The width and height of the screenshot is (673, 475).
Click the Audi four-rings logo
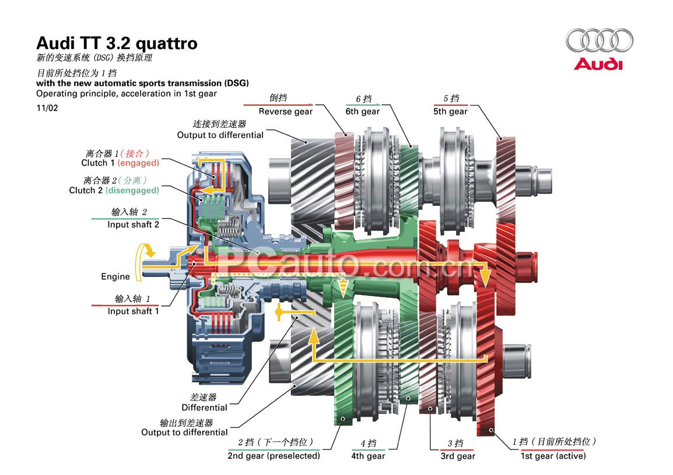(x=599, y=40)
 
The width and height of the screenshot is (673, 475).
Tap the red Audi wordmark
(x=598, y=64)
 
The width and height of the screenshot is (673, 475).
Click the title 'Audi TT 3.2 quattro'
(x=117, y=44)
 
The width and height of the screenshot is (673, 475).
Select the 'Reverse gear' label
(x=285, y=111)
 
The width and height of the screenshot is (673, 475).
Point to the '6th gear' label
(x=362, y=111)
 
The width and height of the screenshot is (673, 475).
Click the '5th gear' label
(x=450, y=111)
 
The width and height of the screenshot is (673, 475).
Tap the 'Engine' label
(x=115, y=276)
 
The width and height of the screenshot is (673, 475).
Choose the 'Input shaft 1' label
(x=133, y=311)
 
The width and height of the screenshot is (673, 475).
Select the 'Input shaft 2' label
(x=133, y=224)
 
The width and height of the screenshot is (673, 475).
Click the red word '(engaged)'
(x=138, y=163)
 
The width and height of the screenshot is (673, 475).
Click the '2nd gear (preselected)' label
(x=274, y=456)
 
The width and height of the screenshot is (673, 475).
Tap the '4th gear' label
(x=367, y=456)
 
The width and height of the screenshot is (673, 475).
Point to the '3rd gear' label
(x=457, y=456)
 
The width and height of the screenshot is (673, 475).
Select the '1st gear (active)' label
(x=553, y=456)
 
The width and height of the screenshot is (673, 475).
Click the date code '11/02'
(x=47, y=108)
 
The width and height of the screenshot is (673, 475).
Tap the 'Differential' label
(x=204, y=407)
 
